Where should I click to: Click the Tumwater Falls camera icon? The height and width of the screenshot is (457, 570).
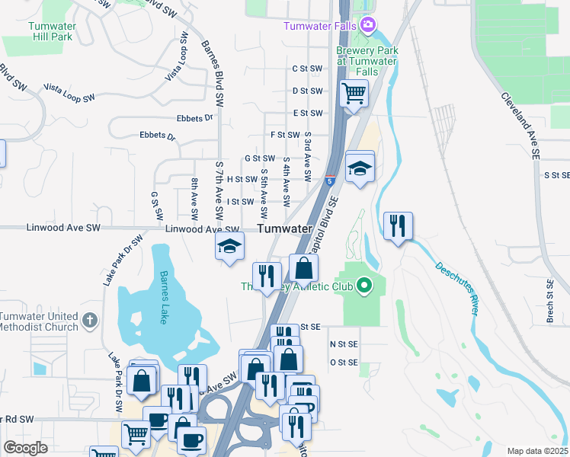(368, 25)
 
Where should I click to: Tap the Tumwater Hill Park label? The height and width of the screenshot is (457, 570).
(52, 30)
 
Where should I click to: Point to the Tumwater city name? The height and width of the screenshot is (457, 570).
(285, 228)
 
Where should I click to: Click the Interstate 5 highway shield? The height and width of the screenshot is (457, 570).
(329, 181)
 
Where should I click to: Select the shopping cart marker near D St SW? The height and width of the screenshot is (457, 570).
(353, 94)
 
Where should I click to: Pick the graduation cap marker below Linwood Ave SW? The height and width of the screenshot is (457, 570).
(229, 246)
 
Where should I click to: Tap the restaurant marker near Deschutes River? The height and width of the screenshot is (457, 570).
(398, 225)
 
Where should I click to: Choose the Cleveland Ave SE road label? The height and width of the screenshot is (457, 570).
(520, 126)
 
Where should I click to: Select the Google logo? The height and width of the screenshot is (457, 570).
(25, 447)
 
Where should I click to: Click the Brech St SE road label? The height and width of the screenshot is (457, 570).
(549, 301)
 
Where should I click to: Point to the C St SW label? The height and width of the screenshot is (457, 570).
(308, 68)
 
